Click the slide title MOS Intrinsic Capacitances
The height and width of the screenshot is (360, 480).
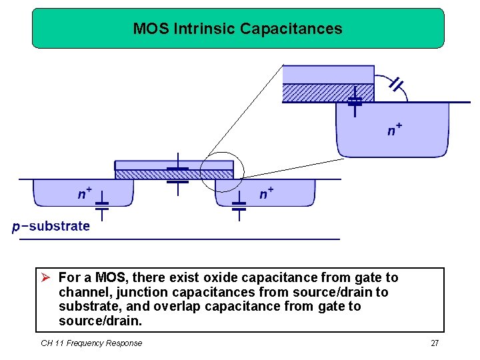click(x=237, y=29)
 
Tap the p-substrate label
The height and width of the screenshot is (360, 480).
click(x=51, y=226)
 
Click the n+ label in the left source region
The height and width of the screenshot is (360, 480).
click(x=85, y=193)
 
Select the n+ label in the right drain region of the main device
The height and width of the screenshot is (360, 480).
click(x=267, y=193)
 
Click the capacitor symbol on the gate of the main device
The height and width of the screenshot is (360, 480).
click(x=177, y=175)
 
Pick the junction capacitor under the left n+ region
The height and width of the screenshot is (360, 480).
click(x=102, y=205)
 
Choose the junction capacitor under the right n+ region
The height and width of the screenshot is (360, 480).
click(x=239, y=205)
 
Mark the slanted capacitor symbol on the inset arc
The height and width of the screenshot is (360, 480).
click(x=396, y=84)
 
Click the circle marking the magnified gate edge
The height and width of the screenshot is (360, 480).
click(x=223, y=171)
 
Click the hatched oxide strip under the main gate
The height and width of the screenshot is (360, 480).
click(x=147, y=175)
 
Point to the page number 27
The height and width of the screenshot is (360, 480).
click(x=435, y=343)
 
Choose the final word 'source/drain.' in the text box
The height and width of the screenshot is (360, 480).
click(x=100, y=321)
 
